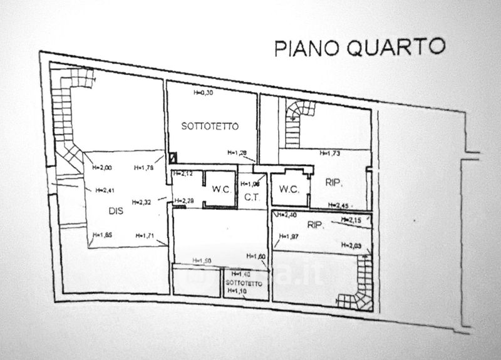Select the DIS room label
tap(115, 211)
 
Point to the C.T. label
tap(252, 197)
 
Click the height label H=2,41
tap(105, 191)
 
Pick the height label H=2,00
tap(101, 167)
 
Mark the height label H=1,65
tap(101, 235)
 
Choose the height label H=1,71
tap(146, 235)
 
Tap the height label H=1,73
tap(329, 153)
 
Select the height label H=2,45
tap(337, 206)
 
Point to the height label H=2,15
tap(352, 220)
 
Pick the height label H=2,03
tap(352, 246)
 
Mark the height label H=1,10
tap(236, 292)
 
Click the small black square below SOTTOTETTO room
tap(173, 158)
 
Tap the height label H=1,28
tap(237, 153)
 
